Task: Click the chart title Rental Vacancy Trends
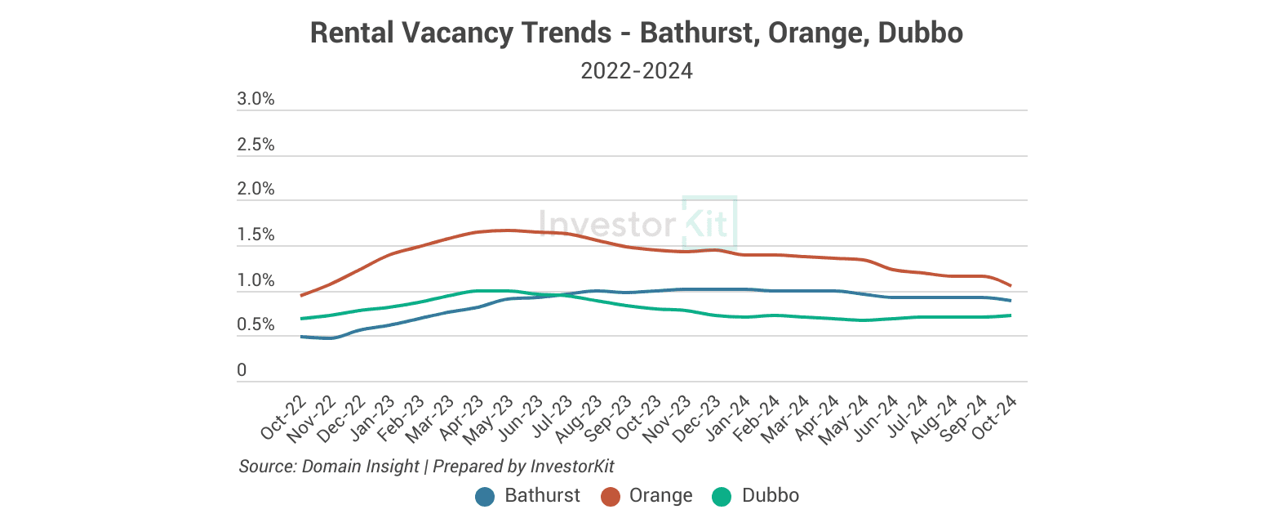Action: point(637,34)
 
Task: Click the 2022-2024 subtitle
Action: point(637,71)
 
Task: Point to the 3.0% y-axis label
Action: point(255,100)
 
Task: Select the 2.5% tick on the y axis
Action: point(255,145)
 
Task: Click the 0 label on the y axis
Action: point(242,371)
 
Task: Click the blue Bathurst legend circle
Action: point(486,496)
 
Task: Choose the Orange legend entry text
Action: point(661,496)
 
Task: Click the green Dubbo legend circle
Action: point(722,496)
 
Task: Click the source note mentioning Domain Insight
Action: point(426,467)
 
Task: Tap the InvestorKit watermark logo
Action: point(637,223)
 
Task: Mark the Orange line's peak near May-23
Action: point(508,230)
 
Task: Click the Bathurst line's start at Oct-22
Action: point(302,337)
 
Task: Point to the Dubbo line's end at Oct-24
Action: point(1011,315)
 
